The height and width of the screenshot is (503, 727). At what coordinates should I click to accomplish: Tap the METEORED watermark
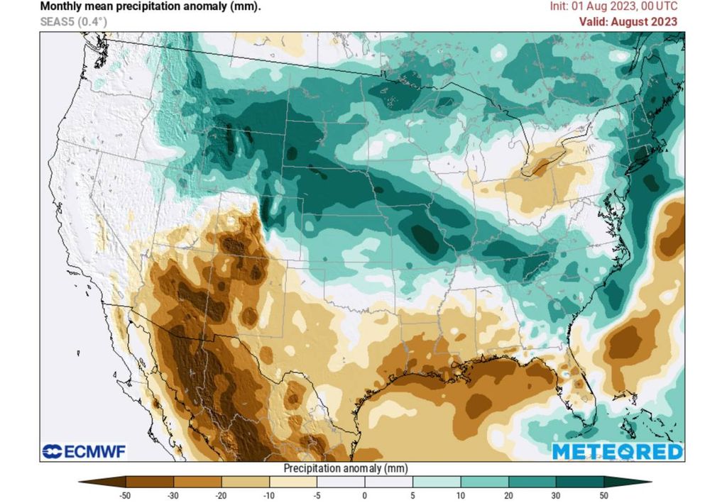(x=616, y=452)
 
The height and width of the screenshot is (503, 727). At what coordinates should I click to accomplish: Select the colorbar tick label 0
(x=364, y=495)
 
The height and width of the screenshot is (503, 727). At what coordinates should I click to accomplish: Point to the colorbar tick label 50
(x=603, y=495)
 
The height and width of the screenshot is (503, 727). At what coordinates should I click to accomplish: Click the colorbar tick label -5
(x=317, y=495)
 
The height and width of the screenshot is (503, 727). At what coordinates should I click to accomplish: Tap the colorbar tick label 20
(x=508, y=495)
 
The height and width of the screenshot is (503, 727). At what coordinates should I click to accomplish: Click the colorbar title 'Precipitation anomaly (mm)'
(x=345, y=468)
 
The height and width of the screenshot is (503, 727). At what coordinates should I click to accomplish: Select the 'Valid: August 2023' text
(x=628, y=21)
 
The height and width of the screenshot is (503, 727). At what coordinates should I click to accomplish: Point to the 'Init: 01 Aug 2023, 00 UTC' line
(x=613, y=6)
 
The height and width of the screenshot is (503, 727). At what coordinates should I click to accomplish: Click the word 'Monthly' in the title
(x=60, y=6)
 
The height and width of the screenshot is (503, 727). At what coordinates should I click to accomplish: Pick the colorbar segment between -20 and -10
(x=246, y=482)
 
